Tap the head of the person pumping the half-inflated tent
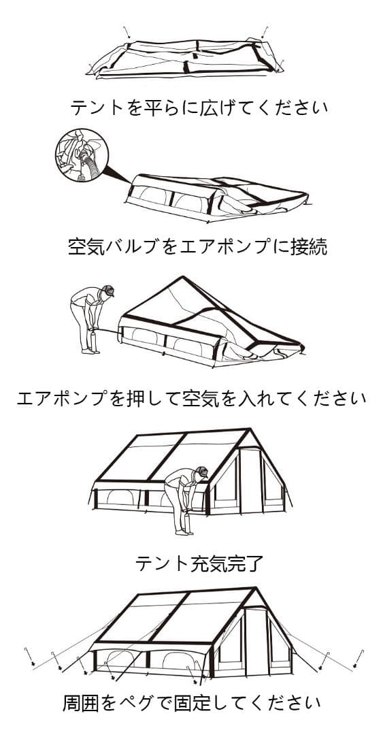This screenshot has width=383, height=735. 107,292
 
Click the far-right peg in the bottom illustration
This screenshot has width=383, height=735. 358,657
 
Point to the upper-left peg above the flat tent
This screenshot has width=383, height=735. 127,32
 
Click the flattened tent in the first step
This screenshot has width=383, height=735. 187,58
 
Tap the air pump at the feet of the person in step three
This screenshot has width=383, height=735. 93,340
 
